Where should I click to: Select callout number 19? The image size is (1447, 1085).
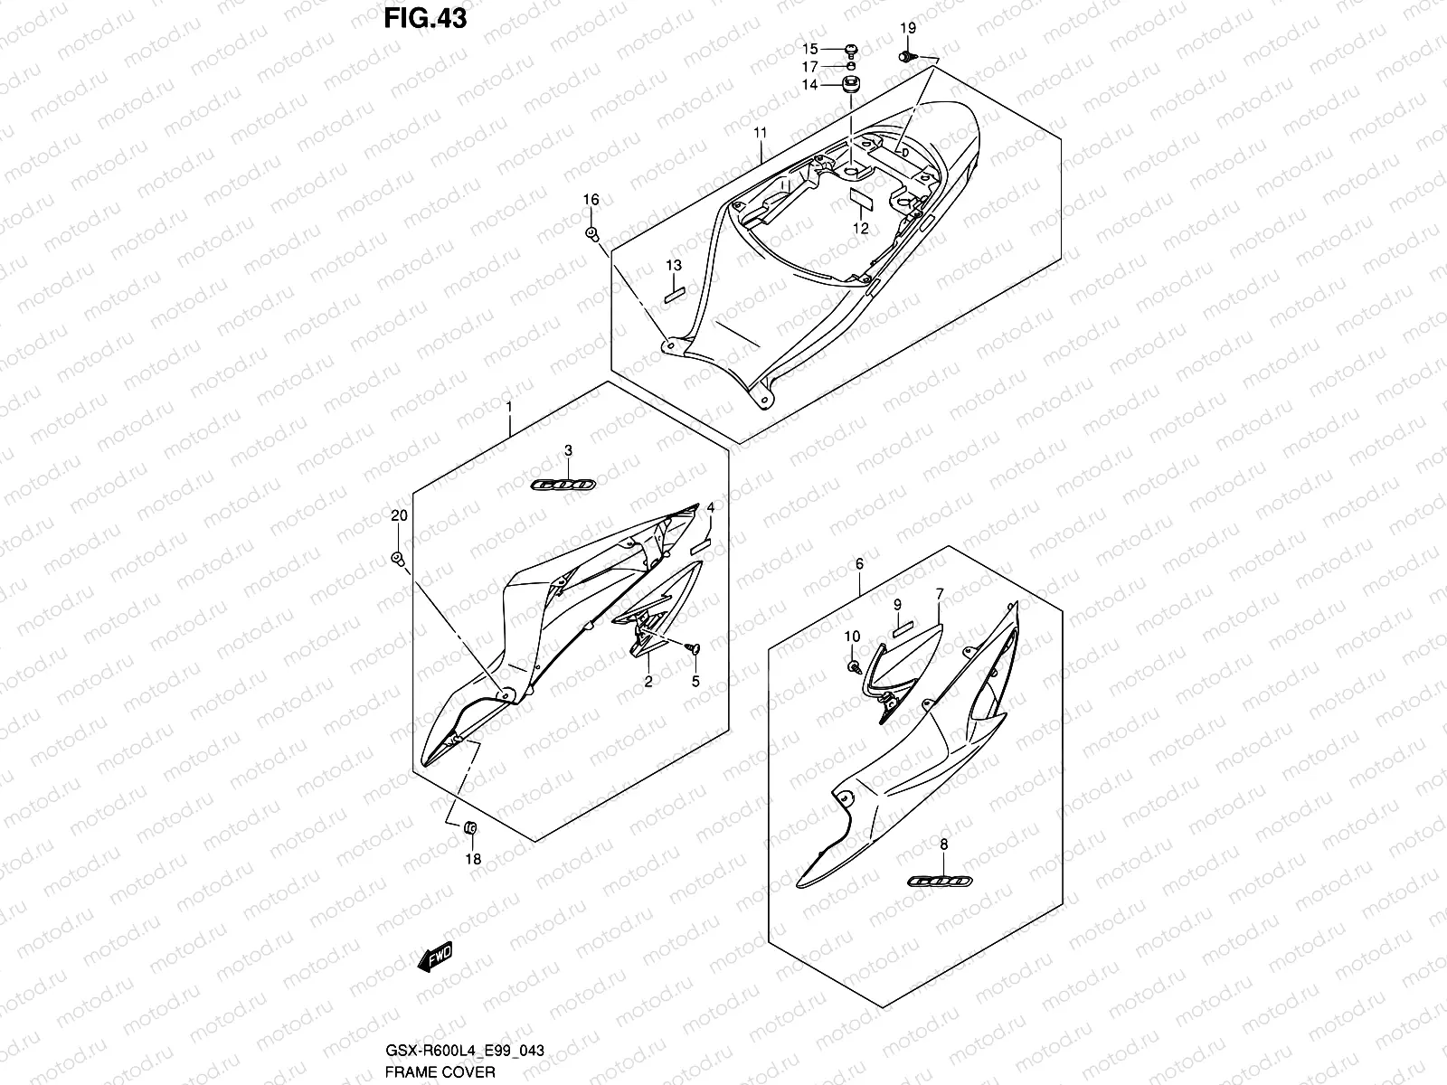pyautogui.click(x=908, y=30)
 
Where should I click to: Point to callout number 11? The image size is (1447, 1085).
pyautogui.click(x=761, y=134)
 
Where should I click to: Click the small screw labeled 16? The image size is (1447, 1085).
pyautogui.click(x=592, y=234)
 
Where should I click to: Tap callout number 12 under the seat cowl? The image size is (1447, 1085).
pyautogui.click(x=861, y=229)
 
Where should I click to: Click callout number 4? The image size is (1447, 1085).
pyautogui.click(x=710, y=509)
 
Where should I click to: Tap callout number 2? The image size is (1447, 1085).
pyautogui.click(x=648, y=682)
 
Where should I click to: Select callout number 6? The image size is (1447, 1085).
pyautogui.click(x=859, y=564)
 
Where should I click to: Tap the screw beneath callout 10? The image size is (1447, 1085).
pyautogui.click(x=854, y=665)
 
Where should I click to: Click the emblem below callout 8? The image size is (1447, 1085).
pyautogui.click(x=941, y=880)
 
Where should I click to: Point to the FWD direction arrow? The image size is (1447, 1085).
pyautogui.click(x=434, y=958)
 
